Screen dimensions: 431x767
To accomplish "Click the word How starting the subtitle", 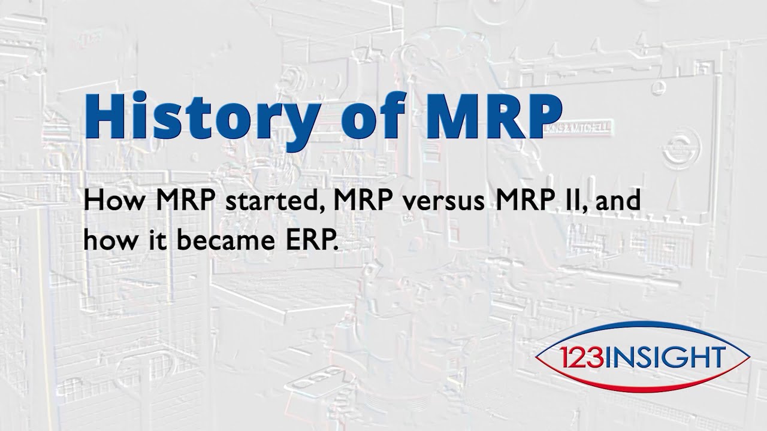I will [x=114, y=201].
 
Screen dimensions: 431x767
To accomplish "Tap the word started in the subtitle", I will [x=267, y=201].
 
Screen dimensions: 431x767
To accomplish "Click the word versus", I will [x=437, y=202].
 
